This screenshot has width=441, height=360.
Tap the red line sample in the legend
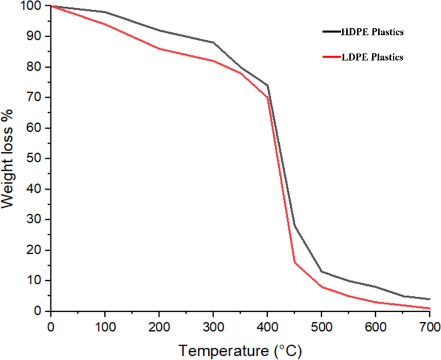click(x=331, y=57)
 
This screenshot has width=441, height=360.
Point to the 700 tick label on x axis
click(x=429, y=326)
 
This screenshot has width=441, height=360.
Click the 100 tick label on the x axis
click(x=105, y=326)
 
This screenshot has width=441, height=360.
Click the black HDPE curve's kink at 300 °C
click(x=213, y=42)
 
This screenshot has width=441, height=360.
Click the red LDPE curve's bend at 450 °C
click(x=294, y=262)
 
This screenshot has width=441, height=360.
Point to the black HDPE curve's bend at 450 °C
click(x=294, y=225)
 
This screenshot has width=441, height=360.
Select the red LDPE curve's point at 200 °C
click(x=159, y=48)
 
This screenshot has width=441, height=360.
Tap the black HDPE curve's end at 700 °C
click(x=429, y=299)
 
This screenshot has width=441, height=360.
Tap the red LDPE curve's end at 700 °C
click(x=429, y=309)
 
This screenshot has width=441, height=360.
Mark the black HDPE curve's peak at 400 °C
click(x=267, y=85)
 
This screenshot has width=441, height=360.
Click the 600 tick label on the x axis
click(x=375, y=326)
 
